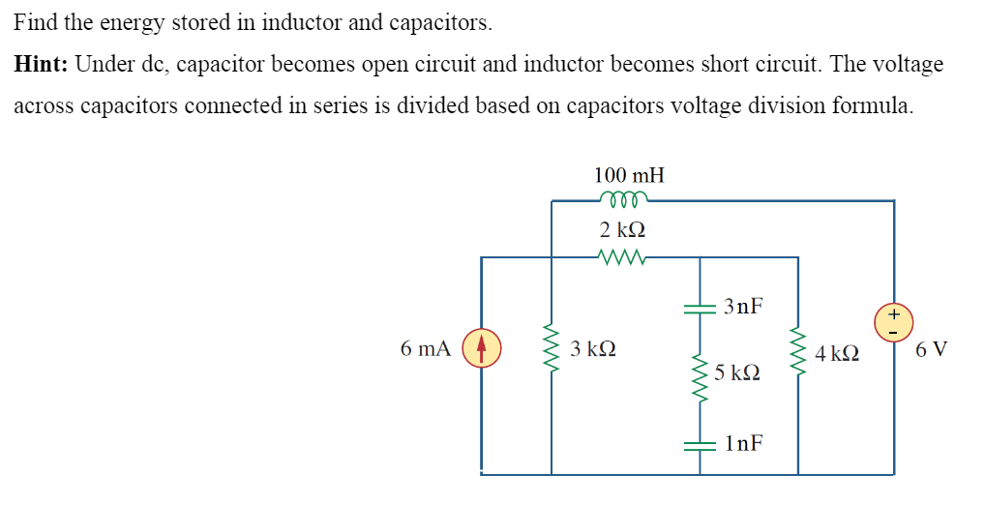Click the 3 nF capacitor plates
(x=701, y=308)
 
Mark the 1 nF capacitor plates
(x=701, y=444)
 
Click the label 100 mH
(x=629, y=175)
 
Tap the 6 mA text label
(x=425, y=348)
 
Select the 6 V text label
(x=931, y=349)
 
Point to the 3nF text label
(x=742, y=307)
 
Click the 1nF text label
(x=742, y=443)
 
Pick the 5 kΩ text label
(x=737, y=372)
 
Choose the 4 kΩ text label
(x=838, y=355)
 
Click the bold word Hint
(x=39, y=65)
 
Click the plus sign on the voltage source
(x=894, y=313)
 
